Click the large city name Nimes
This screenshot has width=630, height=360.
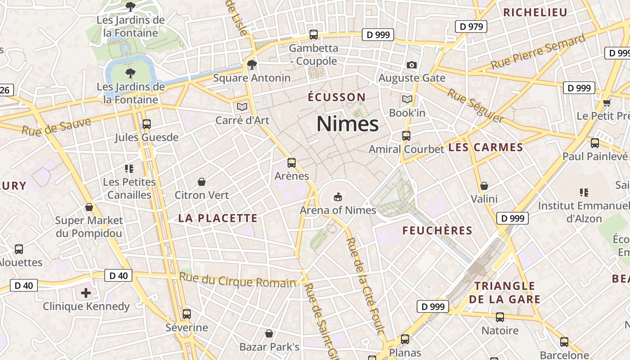click(x=347, y=124)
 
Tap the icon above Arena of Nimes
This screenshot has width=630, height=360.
click(x=338, y=197)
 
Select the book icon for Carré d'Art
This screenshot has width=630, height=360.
click(x=242, y=107)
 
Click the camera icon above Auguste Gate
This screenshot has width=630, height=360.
click(x=411, y=65)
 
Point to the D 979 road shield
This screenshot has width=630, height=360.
click(x=471, y=27)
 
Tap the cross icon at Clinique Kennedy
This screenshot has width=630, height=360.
click(x=85, y=293)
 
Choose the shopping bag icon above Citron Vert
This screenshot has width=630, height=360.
click(x=202, y=182)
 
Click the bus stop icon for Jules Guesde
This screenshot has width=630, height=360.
click(x=146, y=124)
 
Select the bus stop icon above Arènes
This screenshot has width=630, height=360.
click(x=292, y=163)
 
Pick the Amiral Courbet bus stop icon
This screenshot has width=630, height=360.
click(x=406, y=135)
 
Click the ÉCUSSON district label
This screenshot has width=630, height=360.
click(x=337, y=97)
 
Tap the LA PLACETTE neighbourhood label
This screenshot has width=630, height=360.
click(x=218, y=218)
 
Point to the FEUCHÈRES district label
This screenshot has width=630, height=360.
click(x=437, y=231)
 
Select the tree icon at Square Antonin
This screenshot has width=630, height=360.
click(x=252, y=65)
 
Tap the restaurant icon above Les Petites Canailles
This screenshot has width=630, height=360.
click(x=130, y=169)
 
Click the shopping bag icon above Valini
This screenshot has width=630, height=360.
click(x=484, y=186)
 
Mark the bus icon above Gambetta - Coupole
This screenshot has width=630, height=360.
click(x=314, y=35)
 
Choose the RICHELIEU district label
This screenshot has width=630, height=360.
click(x=535, y=12)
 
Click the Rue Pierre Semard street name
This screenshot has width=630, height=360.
click(x=538, y=53)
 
